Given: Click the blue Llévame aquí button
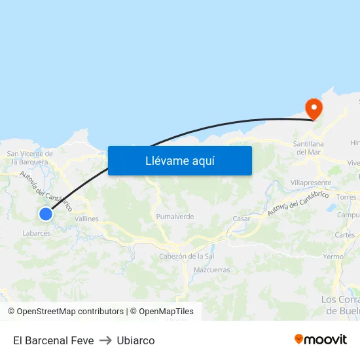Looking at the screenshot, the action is [x=180, y=160].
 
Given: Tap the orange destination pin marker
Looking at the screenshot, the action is [x=314, y=107].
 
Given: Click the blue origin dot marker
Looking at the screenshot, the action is [x=45, y=214].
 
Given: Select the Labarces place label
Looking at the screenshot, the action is [x=36, y=233].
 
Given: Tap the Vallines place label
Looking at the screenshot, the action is [x=86, y=219].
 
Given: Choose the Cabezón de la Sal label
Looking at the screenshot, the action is [x=187, y=256].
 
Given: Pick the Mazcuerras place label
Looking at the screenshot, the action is [x=212, y=270].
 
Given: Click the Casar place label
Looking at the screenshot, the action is [x=242, y=219].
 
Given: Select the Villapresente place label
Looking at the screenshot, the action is [x=310, y=183].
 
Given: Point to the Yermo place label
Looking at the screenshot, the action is [x=333, y=257].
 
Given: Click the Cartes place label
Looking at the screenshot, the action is [x=345, y=235].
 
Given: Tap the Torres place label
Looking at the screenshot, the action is [x=346, y=196].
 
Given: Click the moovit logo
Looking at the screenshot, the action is [x=321, y=339].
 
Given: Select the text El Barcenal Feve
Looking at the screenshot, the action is [x=53, y=340].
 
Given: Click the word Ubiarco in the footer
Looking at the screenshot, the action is [x=135, y=340].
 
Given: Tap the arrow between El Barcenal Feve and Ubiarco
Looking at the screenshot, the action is [x=105, y=340].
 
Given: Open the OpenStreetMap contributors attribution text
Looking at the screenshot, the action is [x=69, y=312].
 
